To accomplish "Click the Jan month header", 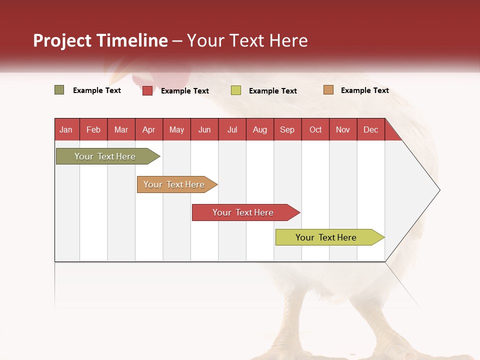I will (66, 129).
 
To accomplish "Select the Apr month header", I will (148, 129).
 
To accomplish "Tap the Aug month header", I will (259, 129).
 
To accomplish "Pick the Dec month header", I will (370, 129).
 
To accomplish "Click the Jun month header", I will (204, 129).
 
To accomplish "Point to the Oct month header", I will (315, 129).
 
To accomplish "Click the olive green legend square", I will (59, 90).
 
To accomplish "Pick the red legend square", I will (147, 90).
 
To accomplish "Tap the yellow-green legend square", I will (236, 90).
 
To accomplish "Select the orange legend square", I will (328, 90).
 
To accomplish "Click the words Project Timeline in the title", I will (100, 40).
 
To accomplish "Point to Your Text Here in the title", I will (247, 40).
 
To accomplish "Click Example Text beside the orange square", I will (364, 90).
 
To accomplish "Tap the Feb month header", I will (93, 129).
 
